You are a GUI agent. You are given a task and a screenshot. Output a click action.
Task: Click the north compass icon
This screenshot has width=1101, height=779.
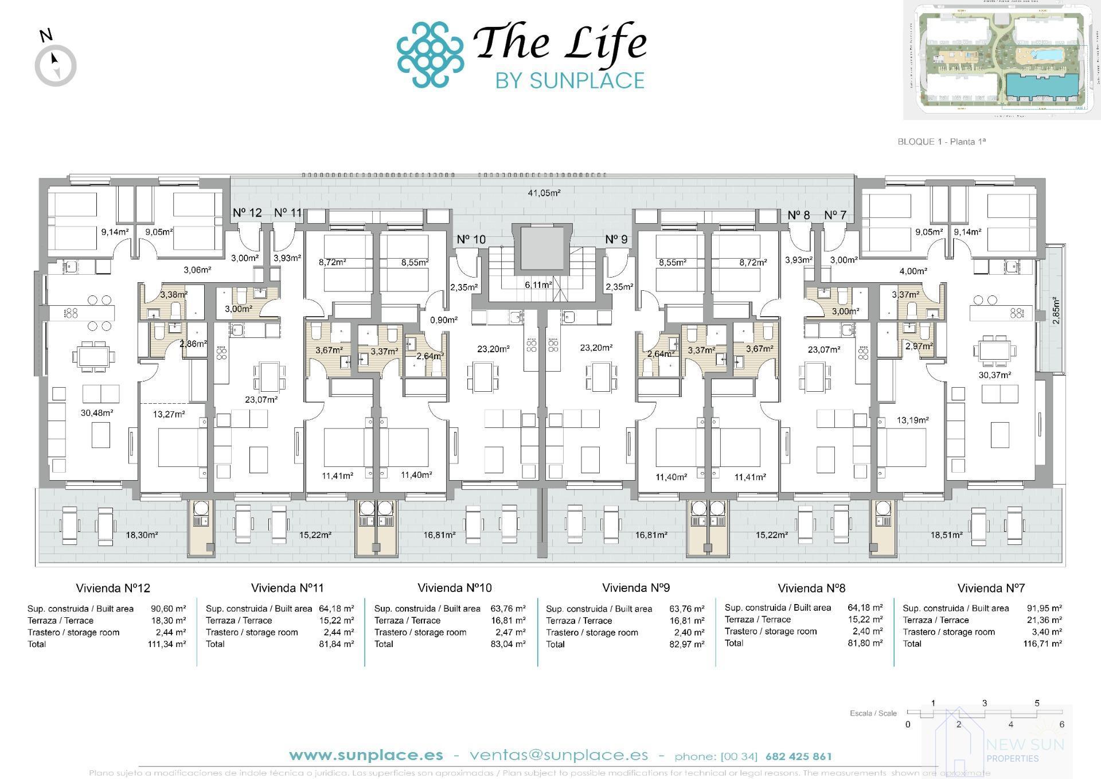tap(56, 64)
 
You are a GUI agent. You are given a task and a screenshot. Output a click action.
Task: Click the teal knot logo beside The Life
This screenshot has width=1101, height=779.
tap(430, 55)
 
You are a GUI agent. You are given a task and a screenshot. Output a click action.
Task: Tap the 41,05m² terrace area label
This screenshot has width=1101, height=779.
tap(544, 193)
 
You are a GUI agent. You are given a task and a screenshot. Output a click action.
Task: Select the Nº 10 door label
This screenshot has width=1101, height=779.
tap(471, 239)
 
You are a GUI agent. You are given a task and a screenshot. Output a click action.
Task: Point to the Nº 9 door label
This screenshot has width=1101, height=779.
tap(616, 239)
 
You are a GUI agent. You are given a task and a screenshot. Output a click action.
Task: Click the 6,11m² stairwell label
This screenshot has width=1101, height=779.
tap(538, 285)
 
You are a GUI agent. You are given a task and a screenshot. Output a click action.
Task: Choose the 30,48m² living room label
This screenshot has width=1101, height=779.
tap(97, 412)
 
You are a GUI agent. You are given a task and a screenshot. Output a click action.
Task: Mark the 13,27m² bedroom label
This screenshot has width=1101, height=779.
tap(169, 414)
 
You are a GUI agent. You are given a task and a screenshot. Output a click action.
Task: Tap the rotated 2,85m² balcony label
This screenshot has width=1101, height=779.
tap(1056, 311)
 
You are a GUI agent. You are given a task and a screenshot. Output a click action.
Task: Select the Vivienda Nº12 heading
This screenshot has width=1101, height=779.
tap(113, 588)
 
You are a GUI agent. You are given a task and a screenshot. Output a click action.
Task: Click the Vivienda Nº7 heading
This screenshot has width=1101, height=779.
tap(990, 588)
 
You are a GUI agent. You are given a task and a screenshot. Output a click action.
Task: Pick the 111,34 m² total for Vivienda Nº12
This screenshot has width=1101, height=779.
tap(166, 644)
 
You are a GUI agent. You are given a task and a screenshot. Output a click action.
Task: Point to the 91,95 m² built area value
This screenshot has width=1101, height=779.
tap(1044, 608)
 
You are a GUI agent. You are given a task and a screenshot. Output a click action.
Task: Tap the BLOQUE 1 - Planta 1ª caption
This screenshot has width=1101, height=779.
tap(941, 142)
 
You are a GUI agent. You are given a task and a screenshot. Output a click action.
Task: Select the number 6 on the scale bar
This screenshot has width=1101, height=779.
tap(1061, 725)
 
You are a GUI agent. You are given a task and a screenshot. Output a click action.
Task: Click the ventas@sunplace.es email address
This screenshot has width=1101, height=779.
tap(559, 755)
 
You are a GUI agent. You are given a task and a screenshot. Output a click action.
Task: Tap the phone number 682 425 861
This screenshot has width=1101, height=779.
tap(798, 756)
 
